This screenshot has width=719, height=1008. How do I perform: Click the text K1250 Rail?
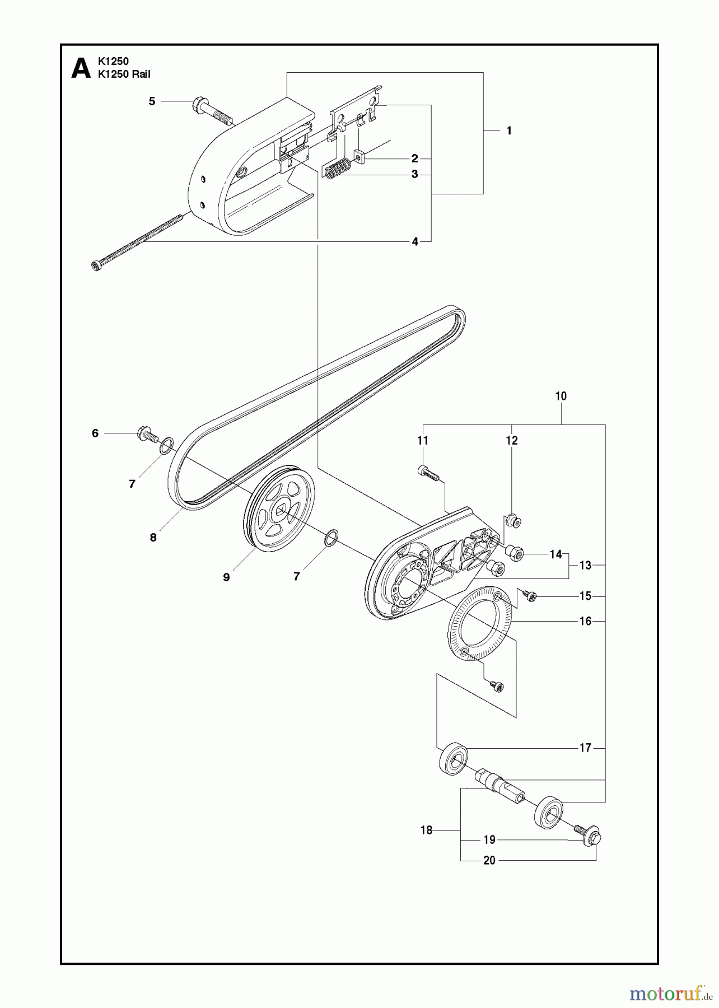(x=124, y=74)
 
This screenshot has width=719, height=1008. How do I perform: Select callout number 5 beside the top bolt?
(x=152, y=101)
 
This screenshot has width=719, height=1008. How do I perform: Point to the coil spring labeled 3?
(x=338, y=168)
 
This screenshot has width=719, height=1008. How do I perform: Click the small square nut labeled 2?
(x=359, y=157)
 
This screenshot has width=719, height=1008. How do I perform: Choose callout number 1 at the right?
(x=508, y=130)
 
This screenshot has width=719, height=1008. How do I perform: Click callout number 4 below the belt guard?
(x=415, y=242)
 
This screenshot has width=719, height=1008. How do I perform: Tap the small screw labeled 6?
(x=144, y=433)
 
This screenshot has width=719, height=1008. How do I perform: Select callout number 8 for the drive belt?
(x=153, y=538)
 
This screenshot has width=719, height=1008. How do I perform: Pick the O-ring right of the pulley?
(x=331, y=538)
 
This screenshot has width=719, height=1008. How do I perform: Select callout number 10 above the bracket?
(x=561, y=396)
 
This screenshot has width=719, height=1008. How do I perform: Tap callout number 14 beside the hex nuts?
(x=555, y=554)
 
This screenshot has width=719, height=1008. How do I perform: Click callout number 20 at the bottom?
(x=489, y=860)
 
